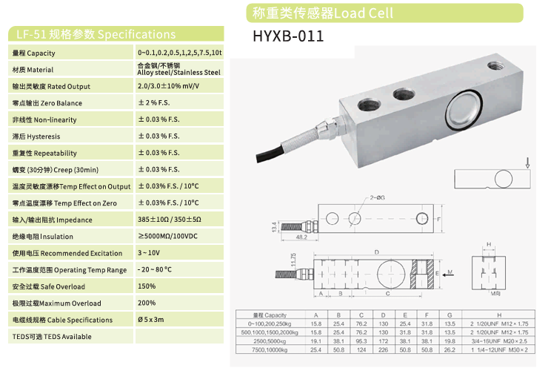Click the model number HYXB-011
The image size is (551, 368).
click(288, 36)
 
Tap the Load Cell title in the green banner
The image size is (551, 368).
click(323, 13)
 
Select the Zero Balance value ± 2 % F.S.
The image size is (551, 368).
click(158, 103)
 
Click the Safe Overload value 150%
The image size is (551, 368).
click(147, 286)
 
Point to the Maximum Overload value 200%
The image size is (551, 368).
click(147, 303)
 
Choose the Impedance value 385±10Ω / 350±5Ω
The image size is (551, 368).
click(169, 220)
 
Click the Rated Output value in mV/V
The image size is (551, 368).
click(178, 86)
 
